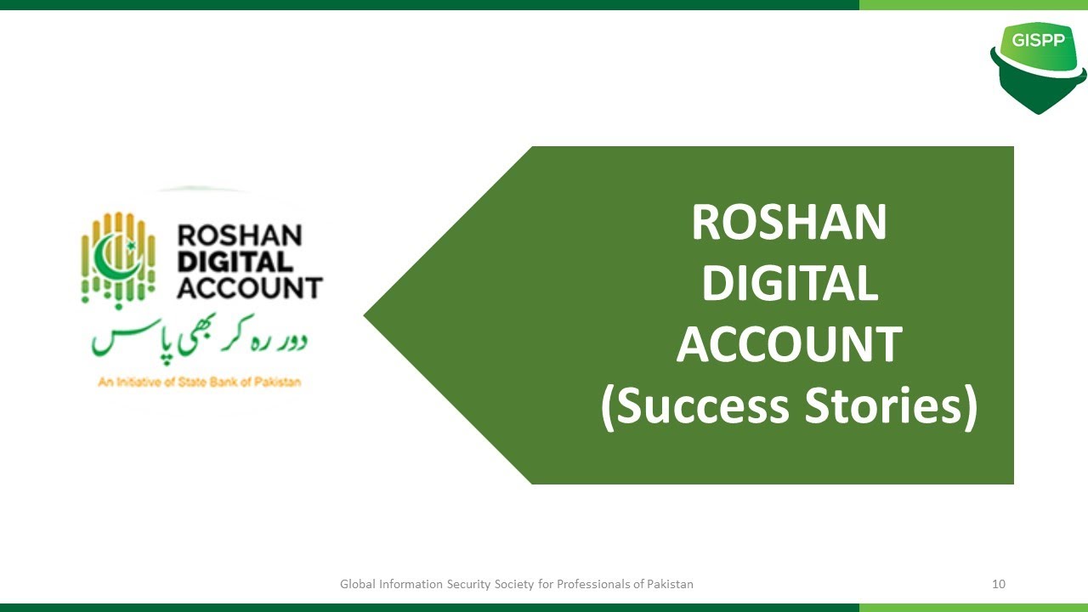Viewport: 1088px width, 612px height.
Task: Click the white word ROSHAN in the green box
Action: pos(789,223)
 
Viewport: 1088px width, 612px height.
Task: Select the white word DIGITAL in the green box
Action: pos(789,284)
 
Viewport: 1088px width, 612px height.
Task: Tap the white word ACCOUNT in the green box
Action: pos(789,345)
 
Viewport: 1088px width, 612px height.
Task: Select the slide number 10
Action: pos(999,584)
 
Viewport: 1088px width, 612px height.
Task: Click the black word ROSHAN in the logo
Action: pos(239,235)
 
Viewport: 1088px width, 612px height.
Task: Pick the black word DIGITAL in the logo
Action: pos(235,261)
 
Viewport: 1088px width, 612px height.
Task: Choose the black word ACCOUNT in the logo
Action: pos(249,287)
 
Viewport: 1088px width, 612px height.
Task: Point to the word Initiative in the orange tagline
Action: pos(135,382)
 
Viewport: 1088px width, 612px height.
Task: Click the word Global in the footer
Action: pos(357,584)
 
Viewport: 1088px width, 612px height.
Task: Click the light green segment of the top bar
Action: pos(973,4)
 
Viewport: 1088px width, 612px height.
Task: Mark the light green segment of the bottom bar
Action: pos(973,607)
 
